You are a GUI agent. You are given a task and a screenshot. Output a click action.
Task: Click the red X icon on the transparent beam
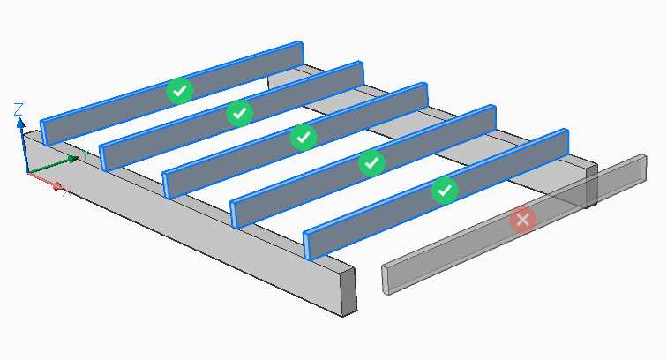click(x=522, y=219)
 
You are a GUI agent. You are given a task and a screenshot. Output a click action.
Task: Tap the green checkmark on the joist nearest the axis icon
click(x=179, y=89)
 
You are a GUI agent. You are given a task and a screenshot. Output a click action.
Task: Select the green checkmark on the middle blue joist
click(x=304, y=138)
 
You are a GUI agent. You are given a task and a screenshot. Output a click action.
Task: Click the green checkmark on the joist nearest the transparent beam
click(x=445, y=189)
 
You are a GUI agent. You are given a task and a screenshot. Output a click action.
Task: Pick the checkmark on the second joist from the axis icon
click(x=240, y=112)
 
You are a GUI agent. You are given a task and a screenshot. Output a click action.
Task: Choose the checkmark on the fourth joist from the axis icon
click(x=371, y=162)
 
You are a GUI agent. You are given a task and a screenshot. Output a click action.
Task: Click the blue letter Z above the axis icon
click(x=19, y=109)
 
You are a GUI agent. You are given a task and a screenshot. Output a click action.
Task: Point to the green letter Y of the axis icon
click(x=84, y=155)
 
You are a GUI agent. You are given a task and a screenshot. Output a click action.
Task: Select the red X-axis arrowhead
click(x=57, y=186)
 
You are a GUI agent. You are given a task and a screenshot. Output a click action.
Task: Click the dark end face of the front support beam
click(x=347, y=292)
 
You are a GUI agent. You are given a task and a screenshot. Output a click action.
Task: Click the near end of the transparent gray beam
click(x=385, y=277)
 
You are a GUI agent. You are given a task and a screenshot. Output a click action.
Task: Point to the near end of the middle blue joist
click(x=168, y=184)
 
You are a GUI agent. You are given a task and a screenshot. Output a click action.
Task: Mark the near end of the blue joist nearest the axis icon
click(x=46, y=131)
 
